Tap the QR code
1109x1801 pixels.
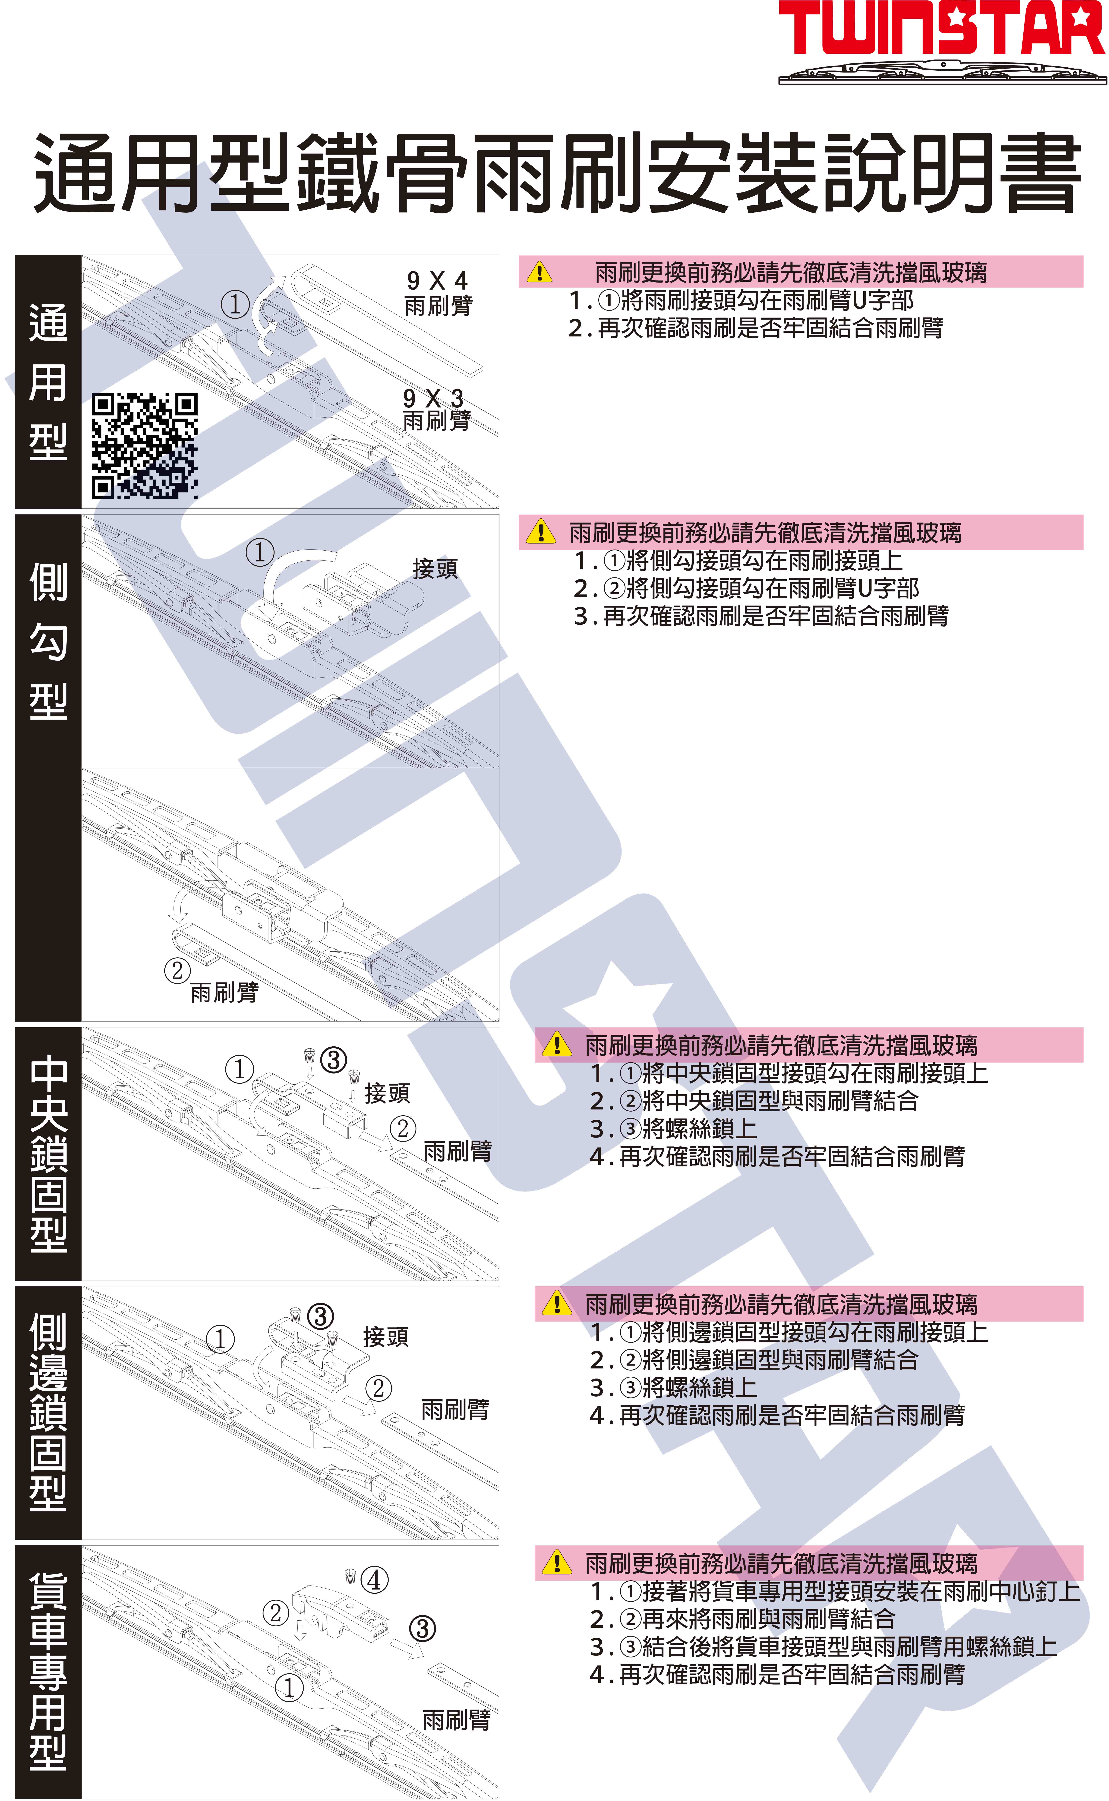144,445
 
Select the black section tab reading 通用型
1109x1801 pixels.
48,381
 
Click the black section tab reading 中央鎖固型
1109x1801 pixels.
48,1153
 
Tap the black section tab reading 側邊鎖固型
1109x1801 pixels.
48,1412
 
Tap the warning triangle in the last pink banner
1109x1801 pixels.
557,1563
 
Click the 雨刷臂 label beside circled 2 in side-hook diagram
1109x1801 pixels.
224,992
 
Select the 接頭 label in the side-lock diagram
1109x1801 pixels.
385,1337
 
